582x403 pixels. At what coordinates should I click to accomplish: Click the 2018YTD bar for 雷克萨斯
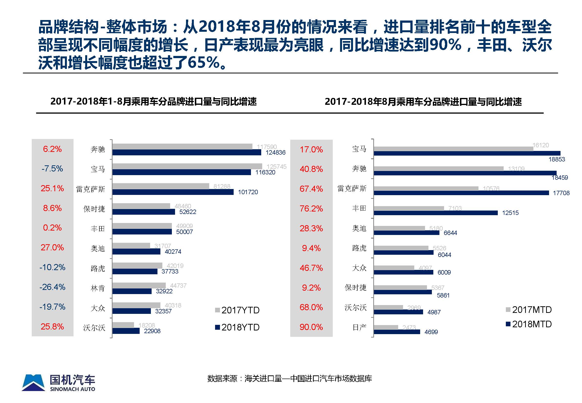coord(173,192)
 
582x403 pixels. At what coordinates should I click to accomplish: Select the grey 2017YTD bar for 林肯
coord(139,285)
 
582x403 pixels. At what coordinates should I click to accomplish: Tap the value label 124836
coord(275,152)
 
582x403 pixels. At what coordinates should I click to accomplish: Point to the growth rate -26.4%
coord(52,287)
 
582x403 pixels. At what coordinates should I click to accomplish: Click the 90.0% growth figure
coord(311,327)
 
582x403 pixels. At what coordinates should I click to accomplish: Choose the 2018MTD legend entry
coord(529,324)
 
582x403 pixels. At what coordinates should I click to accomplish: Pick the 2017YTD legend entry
coord(237,310)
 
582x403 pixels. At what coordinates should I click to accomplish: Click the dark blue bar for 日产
coord(397,332)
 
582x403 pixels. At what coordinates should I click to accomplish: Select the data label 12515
coord(510,213)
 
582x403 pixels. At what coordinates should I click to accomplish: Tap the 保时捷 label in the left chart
coord(94,209)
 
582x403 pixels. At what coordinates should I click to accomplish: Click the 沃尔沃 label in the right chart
coord(355,307)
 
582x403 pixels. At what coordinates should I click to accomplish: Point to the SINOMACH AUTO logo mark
coord(33,383)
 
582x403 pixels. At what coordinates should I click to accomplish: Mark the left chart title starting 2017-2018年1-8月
coord(154,102)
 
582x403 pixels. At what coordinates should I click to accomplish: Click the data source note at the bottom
coord(290,379)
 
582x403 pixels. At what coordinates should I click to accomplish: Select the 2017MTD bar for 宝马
coord(453,149)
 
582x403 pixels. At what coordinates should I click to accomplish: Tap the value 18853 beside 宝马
coord(557,159)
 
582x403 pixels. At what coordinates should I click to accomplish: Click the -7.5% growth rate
coord(52,169)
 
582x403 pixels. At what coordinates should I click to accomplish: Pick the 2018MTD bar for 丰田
coord(436,213)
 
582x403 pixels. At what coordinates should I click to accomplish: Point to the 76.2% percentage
coord(311,209)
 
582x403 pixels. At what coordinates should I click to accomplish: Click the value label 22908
coord(152,331)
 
